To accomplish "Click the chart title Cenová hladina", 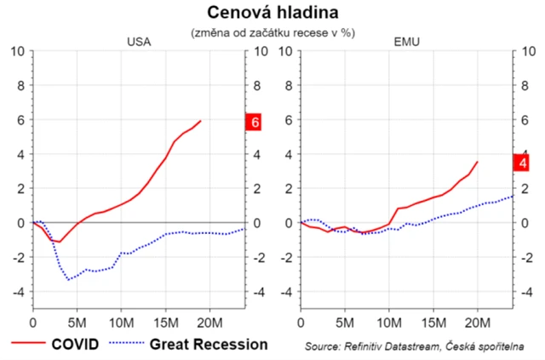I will [272, 12].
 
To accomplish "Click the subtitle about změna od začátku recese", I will [272, 31].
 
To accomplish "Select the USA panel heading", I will [139, 42].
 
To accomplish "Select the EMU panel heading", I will [407, 42].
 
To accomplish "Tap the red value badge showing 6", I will [255, 122].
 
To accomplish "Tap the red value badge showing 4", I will [522, 163].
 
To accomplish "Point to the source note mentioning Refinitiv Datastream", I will [413, 346].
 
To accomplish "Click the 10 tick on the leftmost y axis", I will [18, 51].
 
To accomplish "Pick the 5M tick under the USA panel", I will [77, 323].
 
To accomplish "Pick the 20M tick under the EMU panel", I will [478, 323].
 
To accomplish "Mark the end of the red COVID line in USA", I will [201, 121].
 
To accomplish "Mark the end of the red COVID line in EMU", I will [478, 162].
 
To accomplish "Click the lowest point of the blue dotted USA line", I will [69, 279].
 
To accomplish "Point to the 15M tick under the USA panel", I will [166, 323].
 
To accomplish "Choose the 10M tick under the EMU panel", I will [389, 323].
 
